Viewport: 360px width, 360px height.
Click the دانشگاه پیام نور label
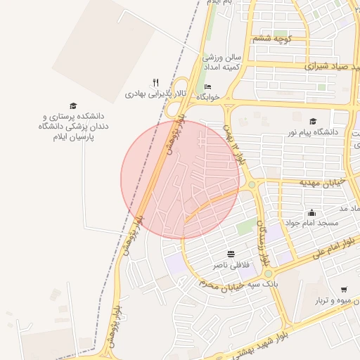pos(311,131)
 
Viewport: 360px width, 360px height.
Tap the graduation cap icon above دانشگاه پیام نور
pos(313,121)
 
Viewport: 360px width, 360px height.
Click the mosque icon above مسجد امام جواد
pos(312,212)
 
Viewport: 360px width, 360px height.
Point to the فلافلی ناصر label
pos(231,265)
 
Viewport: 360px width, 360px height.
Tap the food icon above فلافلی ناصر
pos(231,254)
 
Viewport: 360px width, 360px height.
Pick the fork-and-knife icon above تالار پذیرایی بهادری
pos(155,82)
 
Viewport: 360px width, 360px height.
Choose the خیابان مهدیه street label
pos(323,182)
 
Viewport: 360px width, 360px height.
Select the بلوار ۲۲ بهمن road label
pos(234,148)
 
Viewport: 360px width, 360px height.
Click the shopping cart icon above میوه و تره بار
pos(344,290)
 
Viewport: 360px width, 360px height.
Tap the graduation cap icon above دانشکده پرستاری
pos(73,105)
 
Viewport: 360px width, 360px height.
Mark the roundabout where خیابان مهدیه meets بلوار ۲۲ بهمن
pos(251,185)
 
